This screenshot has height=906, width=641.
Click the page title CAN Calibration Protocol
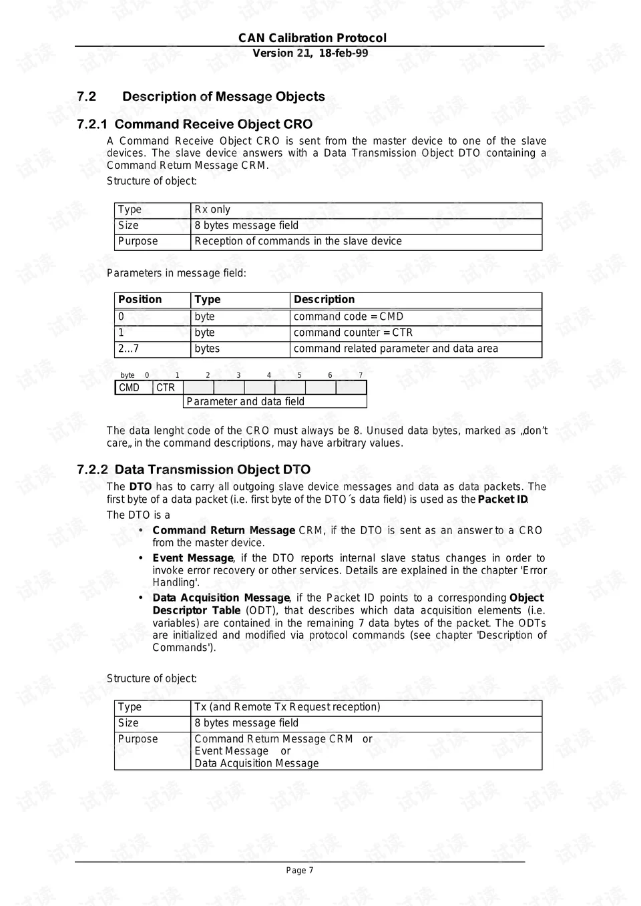(312, 38)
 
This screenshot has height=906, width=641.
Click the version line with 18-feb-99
(310, 53)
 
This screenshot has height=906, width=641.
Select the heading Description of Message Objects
(223, 97)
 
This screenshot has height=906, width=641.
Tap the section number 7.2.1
(92, 125)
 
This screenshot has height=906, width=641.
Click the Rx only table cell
(212, 210)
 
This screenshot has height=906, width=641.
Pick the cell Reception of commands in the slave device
(298, 242)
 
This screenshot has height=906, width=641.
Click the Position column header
(140, 300)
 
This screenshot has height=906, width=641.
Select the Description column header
(324, 300)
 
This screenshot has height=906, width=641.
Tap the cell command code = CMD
(348, 317)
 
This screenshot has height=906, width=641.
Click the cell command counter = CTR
(353, 332)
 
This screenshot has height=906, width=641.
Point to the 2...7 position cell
(128, 349)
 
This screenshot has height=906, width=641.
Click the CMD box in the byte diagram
(129, 388)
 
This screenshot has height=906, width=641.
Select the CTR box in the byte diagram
(166, 388)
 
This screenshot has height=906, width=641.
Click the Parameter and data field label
(245, 402)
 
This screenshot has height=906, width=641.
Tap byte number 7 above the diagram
(361, 375)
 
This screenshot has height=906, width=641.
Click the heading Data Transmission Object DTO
(212, 470)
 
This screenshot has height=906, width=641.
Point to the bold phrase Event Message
(192, 558)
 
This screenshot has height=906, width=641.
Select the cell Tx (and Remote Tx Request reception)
(287, 707)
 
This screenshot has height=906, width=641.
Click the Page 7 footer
(300, 871)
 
